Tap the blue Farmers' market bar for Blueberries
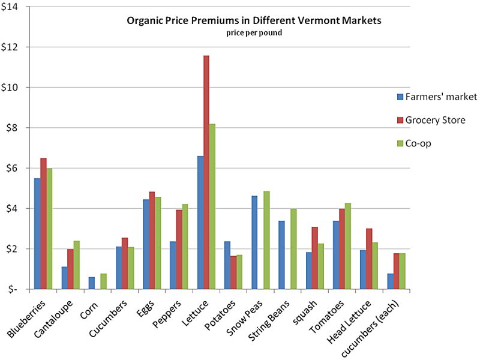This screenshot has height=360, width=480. click(x=37, y=233)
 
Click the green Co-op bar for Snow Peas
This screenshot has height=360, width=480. click(x=266, y=240)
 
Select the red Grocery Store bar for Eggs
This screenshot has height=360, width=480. click(x=152, y=241)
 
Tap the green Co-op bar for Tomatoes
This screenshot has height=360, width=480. click(x=348, y=246)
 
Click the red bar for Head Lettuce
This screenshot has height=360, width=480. click(x=368, y=259)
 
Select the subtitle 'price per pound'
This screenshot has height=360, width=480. click(x=254, y=32)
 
